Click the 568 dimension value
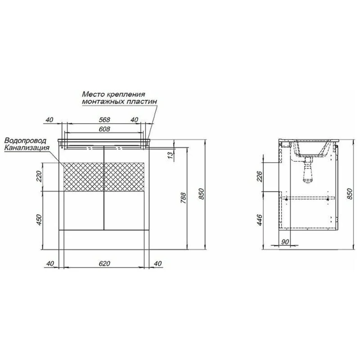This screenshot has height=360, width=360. point(105,120)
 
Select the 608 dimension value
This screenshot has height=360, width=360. point(105,129)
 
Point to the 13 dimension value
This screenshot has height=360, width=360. point(171,155)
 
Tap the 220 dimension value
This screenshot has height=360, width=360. point(39,177)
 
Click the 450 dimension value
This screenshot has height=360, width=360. point(39,219)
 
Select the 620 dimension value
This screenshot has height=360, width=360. point(105,264)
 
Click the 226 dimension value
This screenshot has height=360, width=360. point(260,176)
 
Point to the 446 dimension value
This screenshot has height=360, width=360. point(260,220)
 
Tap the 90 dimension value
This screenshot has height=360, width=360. point(285,242)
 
